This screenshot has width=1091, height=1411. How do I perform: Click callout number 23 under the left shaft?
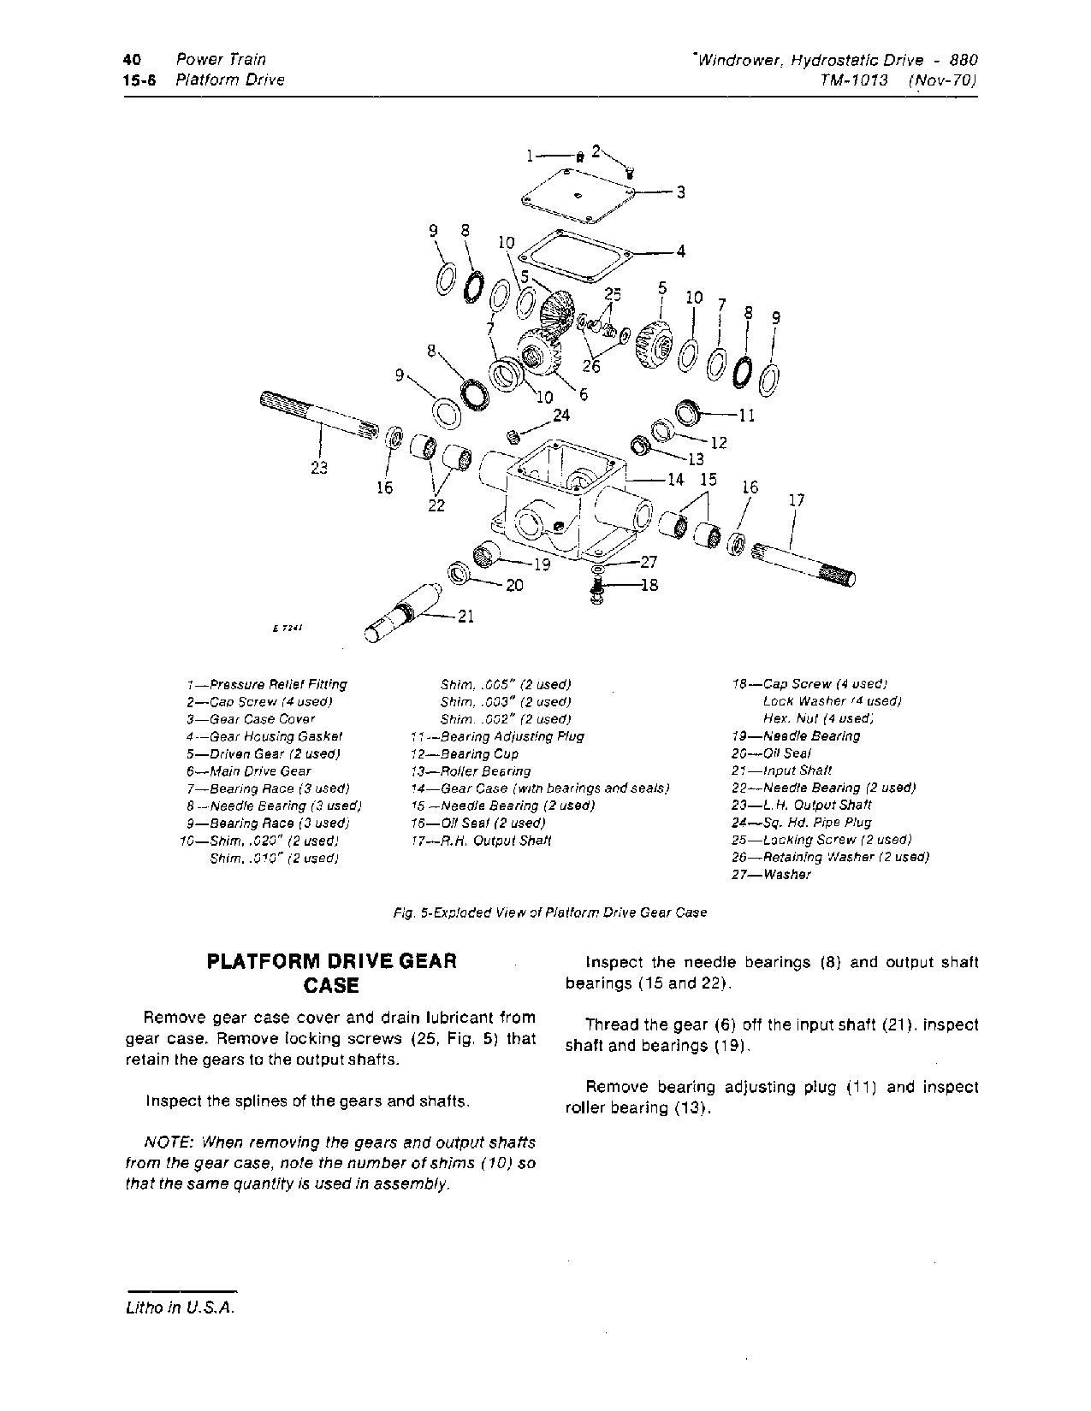tap(319, 468)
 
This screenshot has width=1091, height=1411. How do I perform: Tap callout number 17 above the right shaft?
tap(796, 500)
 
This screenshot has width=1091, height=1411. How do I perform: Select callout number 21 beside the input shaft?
tap(465, 616)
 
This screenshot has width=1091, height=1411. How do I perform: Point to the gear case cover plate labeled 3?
tap(578, 195)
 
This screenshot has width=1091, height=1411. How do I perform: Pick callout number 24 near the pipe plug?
tap(561, 416)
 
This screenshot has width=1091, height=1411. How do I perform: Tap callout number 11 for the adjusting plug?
tap(746, 416)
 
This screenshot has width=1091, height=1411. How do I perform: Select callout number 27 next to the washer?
tap(649, 563)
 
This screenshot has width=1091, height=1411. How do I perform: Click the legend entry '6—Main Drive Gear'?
tap(249, 770)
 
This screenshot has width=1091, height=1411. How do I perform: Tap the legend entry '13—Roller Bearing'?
tap(471, 770)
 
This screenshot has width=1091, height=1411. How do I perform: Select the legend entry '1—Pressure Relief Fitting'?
tap(267, 684)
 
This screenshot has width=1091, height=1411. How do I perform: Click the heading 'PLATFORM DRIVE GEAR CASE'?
tap(332, 972)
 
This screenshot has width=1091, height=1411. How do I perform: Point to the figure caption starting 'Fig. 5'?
tap(549, 912)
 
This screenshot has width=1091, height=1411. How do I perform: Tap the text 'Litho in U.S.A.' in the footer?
tap(179, 1308)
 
